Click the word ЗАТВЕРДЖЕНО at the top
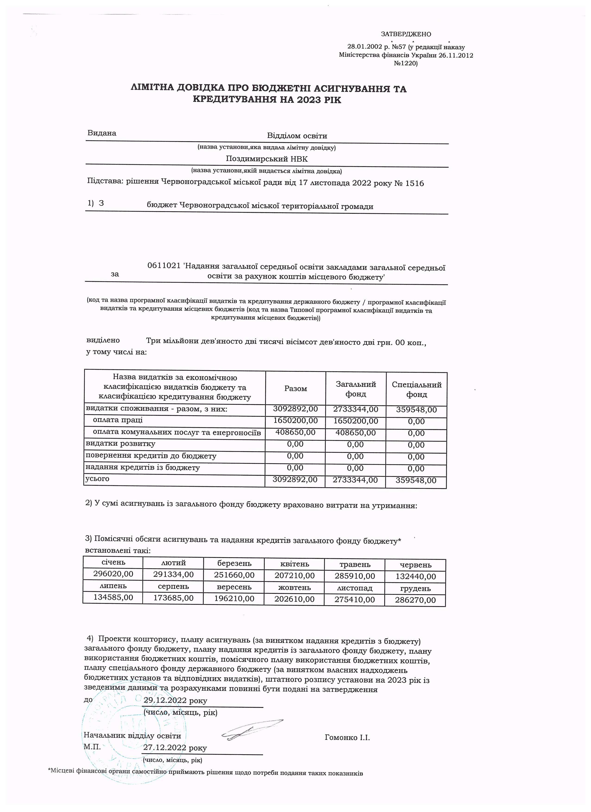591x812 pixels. pyautogui.click(x=406, y=34)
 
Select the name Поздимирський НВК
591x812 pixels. pyautogui.click(x=267, y=159)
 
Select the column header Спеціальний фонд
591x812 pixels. pyautogui.click(x=416, y=390)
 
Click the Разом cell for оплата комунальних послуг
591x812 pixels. pyautogui.click(x=295, y=433)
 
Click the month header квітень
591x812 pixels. pyautogui.click(x=295, y=564)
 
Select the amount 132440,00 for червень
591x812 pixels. pyautogui.click(x=415, y=577)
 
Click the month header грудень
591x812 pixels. pyautogui.click(x=415, y=589)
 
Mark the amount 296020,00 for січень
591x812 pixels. pyautogui.click(x=113, y=574)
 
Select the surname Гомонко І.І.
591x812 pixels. pyautogui.click(x=347, y=738)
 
